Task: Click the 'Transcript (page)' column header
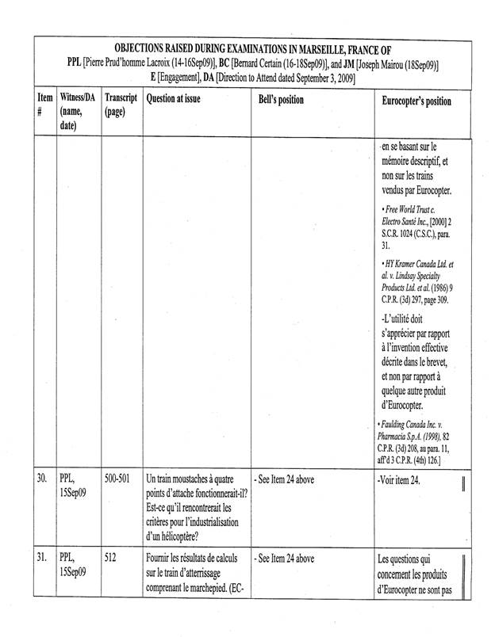coord(121,105)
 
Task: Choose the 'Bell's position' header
coord(281,101)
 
